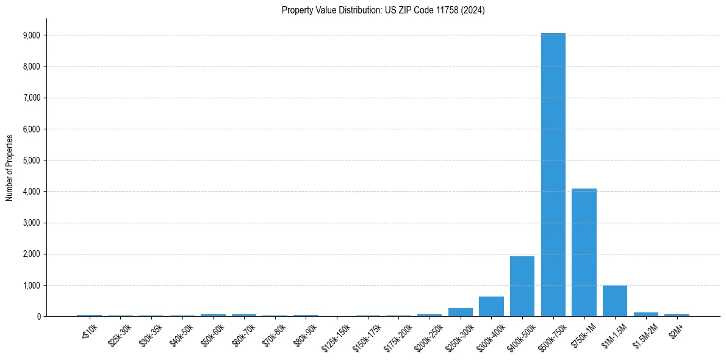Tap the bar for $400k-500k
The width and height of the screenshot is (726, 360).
(522, 286)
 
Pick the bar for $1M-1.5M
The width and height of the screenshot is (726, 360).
(615, 301)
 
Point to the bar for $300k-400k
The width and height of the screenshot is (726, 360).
(491, 306)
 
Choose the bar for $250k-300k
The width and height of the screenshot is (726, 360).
(461, 312)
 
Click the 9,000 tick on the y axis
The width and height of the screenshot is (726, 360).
(32, 35)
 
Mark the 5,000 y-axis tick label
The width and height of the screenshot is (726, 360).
(32, 160)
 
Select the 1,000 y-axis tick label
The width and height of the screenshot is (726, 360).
(32, 285)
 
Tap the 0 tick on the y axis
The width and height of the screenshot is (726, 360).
(38, 316)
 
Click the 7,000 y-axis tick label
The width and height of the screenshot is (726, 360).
(32, 98)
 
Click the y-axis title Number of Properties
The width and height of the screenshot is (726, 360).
(9, 167)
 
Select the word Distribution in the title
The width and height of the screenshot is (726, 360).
(343, 10)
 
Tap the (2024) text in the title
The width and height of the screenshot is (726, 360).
(473, 10)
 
